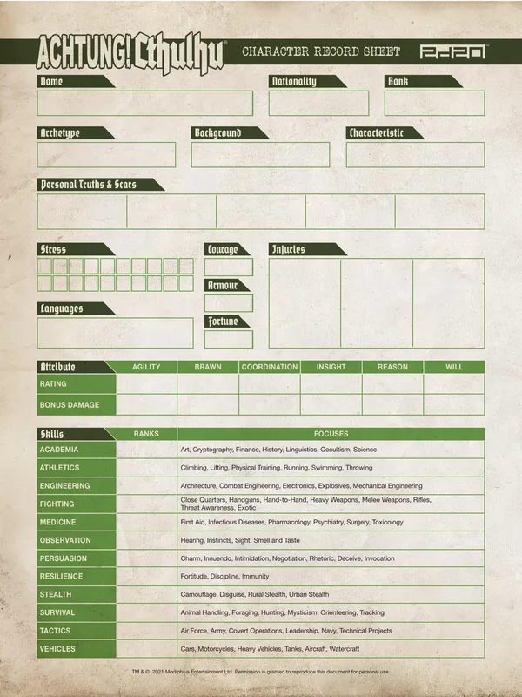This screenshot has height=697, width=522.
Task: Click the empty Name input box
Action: [x=144, y=103]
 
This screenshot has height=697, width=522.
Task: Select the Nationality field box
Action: [x=318, y=103]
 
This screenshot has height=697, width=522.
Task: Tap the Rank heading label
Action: [x=398, y=81]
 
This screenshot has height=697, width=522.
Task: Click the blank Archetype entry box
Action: [x=106, y=155]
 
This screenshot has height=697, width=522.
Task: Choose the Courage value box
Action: [x=229, y=267]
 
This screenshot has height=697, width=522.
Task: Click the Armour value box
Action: [x=229, y=303]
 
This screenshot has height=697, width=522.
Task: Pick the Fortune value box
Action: [x=229, y=339]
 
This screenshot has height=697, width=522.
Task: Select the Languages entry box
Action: [x=115, y=332]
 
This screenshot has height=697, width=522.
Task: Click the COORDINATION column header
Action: [x=270, y=367]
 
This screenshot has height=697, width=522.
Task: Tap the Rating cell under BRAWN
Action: [x=208, y=384]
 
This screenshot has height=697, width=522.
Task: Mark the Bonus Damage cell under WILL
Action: [x=454, y=404]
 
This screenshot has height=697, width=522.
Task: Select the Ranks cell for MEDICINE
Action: [x=146, y=522]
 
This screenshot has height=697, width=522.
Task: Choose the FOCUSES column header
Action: [x=331, y=433]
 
